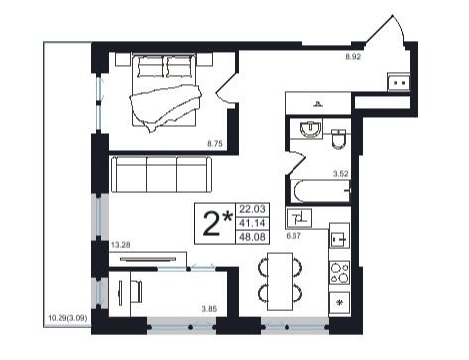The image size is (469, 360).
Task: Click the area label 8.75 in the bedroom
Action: point(215,144)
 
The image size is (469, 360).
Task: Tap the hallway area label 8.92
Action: point(353,57)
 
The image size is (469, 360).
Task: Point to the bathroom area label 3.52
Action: point(340,174)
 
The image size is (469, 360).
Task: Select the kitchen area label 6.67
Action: point(293,236)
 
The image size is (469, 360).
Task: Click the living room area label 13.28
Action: point(121,245)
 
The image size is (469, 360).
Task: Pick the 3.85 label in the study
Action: point(209,309)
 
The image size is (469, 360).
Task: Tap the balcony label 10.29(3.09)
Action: point(67,318)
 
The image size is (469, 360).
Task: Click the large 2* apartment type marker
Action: point(217,224)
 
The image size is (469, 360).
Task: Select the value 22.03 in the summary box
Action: point(252,209)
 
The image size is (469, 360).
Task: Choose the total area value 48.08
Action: point(252,237)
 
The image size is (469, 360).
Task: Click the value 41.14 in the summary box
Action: point(252,223)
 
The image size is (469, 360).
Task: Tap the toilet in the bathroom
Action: point(339,139)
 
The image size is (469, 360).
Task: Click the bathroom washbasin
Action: point(310,129)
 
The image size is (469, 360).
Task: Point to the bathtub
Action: point(320,191)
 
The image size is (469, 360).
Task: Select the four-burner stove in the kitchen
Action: point(339,273)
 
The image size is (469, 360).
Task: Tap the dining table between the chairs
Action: point(280,282)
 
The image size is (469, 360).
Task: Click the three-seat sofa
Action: point(162,175)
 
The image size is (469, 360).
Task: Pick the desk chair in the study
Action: point(136,292)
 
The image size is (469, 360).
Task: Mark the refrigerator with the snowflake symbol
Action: point(339,302)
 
